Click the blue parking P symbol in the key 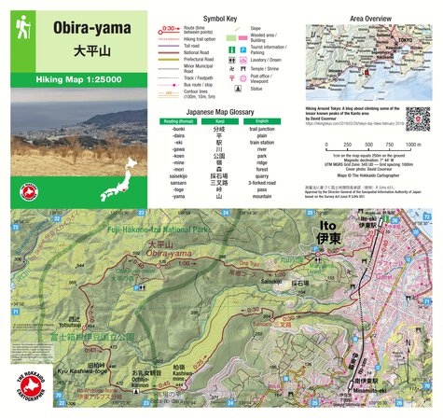[x=243, y=52]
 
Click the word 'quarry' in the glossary [x=262, y=174]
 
